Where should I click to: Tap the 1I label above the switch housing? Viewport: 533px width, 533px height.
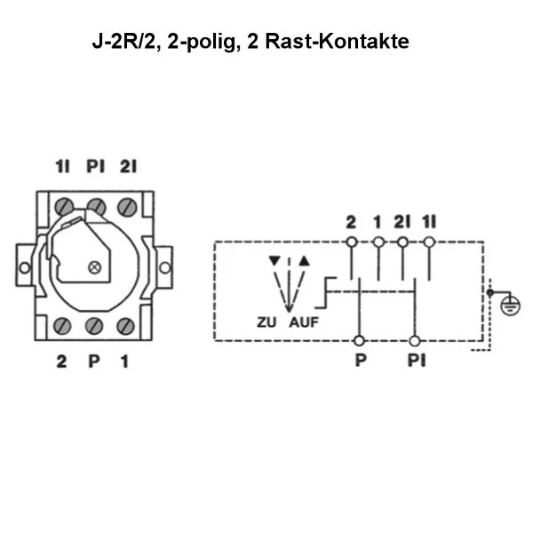63,166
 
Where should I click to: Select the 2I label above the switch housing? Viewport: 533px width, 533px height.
128,166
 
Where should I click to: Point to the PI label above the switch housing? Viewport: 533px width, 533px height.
95,166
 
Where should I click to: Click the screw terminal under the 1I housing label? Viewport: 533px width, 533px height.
65,208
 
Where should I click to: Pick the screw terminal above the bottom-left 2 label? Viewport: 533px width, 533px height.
64,325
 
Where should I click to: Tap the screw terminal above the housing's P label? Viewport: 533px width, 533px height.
95,325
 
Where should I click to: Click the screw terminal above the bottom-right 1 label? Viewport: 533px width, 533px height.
125,325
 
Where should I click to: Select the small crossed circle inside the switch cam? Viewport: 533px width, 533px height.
95,266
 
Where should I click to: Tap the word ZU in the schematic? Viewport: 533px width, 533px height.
266,322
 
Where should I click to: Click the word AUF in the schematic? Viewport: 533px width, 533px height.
302,322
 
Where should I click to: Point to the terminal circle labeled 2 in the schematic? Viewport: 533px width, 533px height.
352,242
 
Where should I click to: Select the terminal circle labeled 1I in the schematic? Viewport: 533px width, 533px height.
429,242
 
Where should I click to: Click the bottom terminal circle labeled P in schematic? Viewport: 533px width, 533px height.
358,340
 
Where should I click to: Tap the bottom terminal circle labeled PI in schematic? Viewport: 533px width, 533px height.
415,340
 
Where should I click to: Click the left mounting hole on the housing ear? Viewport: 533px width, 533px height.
24,266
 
